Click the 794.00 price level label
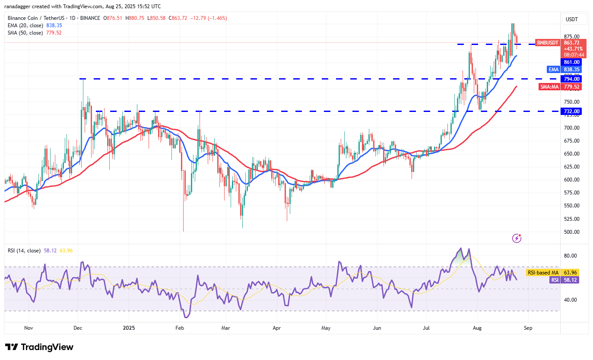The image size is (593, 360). click(x=571, y=79)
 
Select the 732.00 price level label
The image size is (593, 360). click(x=571, y=111)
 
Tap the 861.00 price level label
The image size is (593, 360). click(x=571, y=62)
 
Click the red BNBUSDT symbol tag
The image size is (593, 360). click(x=548, y=43)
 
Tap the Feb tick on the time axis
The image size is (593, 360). click(x=180, y=328)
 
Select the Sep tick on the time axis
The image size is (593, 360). click(x=528, y=328)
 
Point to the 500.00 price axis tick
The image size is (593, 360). click(x=571, y=232)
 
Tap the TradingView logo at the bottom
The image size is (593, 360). click(x=39, y=347)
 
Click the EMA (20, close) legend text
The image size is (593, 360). click(x=25, y=25)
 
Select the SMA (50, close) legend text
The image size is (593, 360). click(x=25, y=32)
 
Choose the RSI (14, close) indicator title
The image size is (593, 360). click(x=25, y=251)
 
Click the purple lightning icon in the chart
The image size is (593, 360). click(x=517, y=238)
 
